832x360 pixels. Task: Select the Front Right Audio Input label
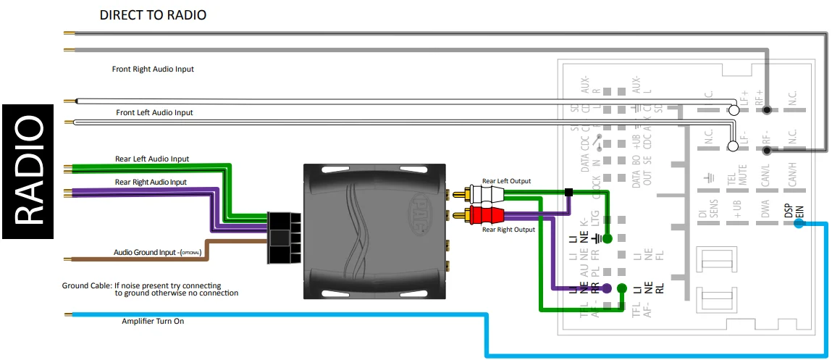coord(153,70)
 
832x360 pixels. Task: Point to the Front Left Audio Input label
coord(155,113)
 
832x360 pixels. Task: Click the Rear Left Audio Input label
coord(152,159)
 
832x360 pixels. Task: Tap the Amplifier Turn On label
coord(153,321)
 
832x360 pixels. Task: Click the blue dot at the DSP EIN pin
coord(798,223)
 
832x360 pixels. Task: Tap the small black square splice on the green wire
coord(569,193)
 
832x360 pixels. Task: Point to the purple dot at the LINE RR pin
coord(607,288)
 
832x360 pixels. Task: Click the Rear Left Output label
coord(506,181)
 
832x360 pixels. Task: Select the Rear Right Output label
coord(508,230)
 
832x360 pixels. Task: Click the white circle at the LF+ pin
coord(732,111)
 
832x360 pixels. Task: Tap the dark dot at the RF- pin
coord(767,151)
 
